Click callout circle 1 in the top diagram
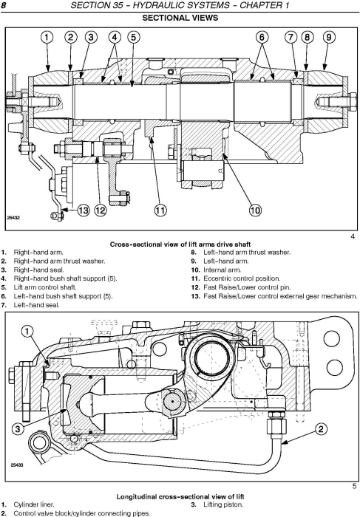[x=47, y=37]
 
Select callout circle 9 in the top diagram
[x=327, y=37]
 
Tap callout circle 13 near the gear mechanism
[x=83, y=210]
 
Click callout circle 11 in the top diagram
[x=160, y=210]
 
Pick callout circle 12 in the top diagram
[x=101, y=210]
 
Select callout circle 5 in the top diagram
[x=133, y=37]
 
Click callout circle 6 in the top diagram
[x=263, y=37]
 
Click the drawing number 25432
[x=14, y=219]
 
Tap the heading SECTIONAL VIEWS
[x=180, y=18]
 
